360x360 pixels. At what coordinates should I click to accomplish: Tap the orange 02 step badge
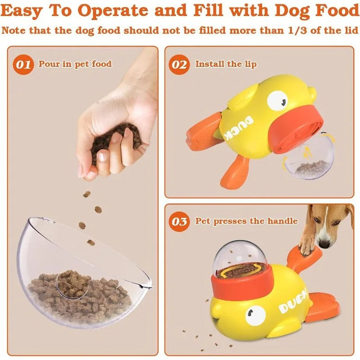point(180,65)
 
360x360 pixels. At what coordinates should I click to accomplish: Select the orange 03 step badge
point(180,221)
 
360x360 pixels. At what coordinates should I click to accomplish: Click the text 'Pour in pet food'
point(75,64)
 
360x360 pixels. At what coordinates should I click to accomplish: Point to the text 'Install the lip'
point(225,64)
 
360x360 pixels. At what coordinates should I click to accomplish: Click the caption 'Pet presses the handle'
point(246,221)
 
